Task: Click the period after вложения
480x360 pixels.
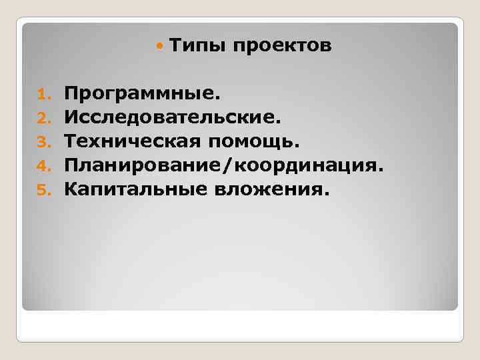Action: coord(326,194)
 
